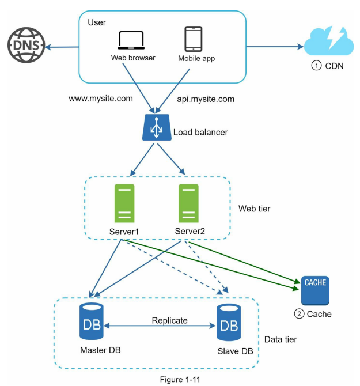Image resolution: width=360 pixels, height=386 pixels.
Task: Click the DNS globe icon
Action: click(x=26, y=45)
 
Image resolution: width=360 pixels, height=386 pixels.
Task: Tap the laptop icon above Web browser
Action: click(x=131, y=40)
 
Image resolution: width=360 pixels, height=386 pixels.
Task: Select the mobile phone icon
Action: click(x=194, y=39)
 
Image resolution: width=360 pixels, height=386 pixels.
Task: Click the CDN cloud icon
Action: click(x=329, y=41)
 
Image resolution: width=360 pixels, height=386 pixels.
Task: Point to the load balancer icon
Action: click(x=157, y=127)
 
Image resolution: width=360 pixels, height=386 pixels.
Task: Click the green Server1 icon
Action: click(x=124, y=203)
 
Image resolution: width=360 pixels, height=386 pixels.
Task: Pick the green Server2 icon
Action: click(x=188, y=203)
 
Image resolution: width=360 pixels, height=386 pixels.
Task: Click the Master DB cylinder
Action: click(x=91, y=321)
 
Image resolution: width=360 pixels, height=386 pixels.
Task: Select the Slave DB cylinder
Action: click(x=229, y=322)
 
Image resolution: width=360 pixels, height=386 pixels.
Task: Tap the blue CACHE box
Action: click(x=315, y=290)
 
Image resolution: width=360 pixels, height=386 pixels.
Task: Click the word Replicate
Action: click(x=169, y=320)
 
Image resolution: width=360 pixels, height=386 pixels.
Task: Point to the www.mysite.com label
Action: click(x=101, y=99)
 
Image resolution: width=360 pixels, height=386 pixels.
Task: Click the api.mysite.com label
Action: click(x=206, y=99)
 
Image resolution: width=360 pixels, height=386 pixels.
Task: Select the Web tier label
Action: click(x=254, y=209)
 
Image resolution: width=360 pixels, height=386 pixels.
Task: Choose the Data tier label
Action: click(x=281, y=339)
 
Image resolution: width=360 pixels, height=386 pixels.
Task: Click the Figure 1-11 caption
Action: click(x=180, y=379)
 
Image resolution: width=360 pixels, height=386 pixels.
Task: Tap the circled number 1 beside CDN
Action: click(x=316, y=66)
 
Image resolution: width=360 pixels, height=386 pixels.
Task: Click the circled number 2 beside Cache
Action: click(x=299, y=314)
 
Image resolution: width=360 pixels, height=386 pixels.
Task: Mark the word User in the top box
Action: click(x=97, y=22)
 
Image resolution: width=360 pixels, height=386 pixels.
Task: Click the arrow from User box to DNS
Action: click(x=62, y=47)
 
